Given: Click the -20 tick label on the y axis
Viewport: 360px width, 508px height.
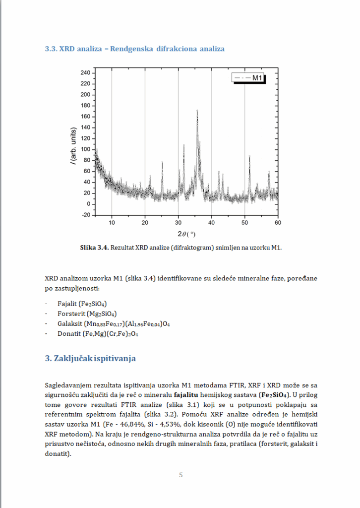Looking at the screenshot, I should coord(85,215).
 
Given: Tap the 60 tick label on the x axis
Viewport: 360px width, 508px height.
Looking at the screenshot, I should coord(278,222).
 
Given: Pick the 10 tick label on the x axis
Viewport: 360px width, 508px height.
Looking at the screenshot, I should coord(112,222).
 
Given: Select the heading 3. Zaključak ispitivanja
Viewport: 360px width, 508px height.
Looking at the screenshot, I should coord(90,358).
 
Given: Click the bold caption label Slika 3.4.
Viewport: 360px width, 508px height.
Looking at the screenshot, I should coord(94,247).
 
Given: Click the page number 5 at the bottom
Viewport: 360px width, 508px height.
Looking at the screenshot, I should coord(180,475).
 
